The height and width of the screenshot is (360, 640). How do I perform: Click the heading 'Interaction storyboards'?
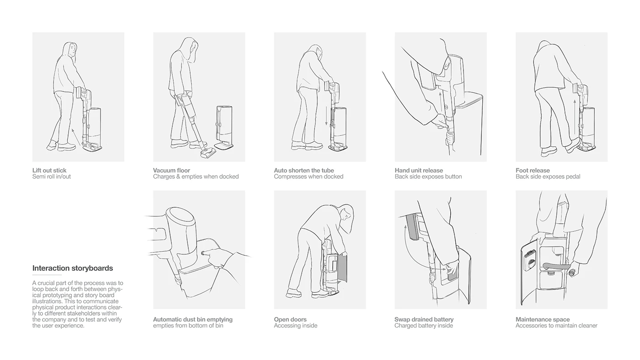73,268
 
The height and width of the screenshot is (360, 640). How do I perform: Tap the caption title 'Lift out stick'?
49,171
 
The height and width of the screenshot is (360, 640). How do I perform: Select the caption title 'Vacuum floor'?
171,171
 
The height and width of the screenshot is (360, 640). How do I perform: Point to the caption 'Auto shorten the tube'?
304,171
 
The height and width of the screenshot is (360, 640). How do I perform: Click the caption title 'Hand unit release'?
419,171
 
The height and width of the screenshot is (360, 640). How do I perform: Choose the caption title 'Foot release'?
533,171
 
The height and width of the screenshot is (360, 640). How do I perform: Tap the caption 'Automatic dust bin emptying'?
192,319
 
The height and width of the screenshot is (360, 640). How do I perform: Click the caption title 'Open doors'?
290,319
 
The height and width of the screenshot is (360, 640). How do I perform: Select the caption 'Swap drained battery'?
424,319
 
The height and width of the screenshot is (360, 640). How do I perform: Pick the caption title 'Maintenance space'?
543,319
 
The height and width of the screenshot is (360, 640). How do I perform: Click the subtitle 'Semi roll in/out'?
51,177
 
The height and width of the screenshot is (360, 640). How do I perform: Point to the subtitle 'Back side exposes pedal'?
548,177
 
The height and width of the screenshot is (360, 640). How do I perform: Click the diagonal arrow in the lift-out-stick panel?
76,137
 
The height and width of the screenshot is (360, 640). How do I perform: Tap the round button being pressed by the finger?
203,253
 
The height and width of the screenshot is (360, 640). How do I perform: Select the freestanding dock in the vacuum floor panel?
224,128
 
